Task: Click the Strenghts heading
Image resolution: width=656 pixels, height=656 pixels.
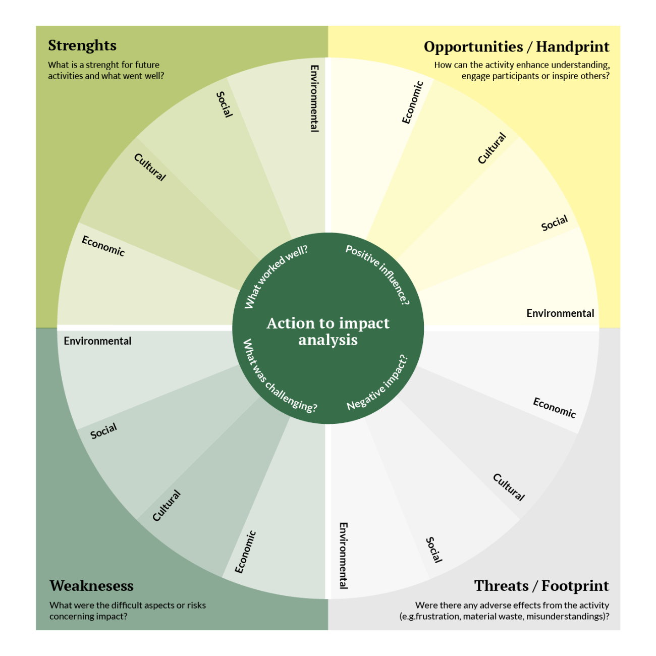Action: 82,45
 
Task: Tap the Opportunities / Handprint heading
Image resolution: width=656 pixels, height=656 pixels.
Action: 516,47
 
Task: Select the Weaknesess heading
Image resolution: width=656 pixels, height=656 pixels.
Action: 91,586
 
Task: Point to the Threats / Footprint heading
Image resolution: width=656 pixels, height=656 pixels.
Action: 541,586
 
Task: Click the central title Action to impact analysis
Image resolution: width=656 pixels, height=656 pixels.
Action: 328,331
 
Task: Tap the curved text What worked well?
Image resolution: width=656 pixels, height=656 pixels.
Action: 276,276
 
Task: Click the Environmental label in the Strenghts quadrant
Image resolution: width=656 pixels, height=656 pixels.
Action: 314,98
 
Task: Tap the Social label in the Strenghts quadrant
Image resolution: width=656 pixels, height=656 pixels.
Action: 225,104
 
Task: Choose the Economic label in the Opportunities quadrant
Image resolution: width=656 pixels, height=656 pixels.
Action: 412,102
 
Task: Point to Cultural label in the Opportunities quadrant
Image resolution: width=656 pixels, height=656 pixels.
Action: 491,148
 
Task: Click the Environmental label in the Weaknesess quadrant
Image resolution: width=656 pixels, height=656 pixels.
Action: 97,341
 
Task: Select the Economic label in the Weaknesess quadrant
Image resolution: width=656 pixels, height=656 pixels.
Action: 246,552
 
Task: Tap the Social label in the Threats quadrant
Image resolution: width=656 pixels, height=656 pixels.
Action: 434,550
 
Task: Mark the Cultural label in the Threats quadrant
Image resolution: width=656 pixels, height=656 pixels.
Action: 509,487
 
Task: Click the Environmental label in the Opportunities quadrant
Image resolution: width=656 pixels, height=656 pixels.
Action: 560,313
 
